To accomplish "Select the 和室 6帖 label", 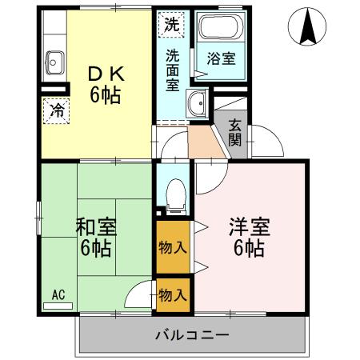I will click(95, 236).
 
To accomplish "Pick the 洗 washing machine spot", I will click(173, 24).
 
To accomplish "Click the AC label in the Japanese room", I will click(58, 295).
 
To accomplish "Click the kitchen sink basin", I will click(56, 60).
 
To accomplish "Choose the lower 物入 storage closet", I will click(173, 294).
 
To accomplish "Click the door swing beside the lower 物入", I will click(142, 294).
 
